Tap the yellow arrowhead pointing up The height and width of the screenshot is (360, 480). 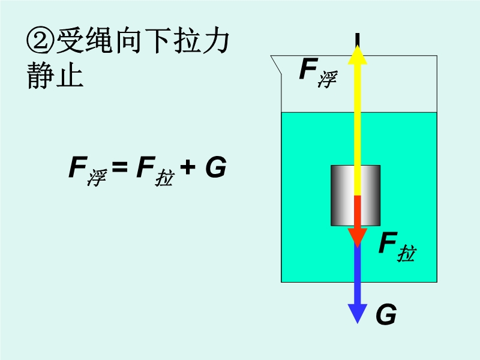click(x=358, y=54)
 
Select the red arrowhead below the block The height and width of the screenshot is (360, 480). click(x=358, y=236)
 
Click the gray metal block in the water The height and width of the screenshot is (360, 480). click(x=342, y=195)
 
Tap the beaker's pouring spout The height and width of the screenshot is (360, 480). click(x=275, y=61)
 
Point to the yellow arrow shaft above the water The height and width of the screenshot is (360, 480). click(x=358, y=90)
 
